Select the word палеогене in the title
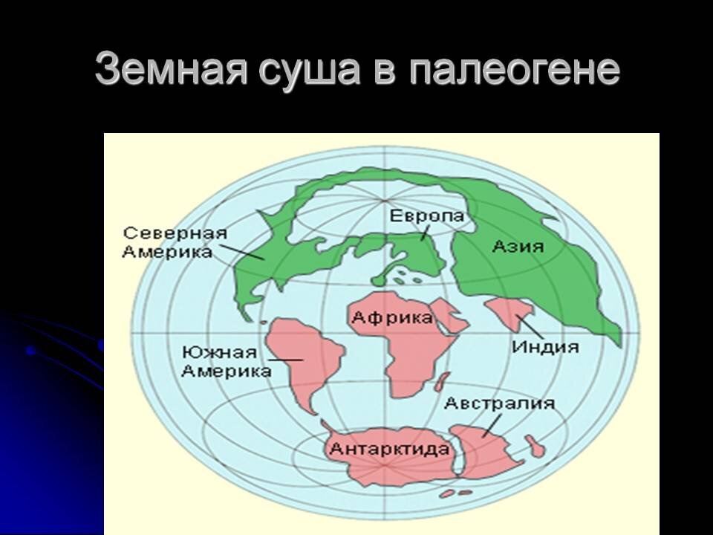(513, 71)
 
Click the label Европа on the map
(427, 216)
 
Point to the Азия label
(518, 246)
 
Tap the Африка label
(392, 318)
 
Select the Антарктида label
(389, 449)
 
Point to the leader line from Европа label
(425, 232)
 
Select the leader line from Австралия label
(489, 425)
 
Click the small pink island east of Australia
(533, 446)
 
